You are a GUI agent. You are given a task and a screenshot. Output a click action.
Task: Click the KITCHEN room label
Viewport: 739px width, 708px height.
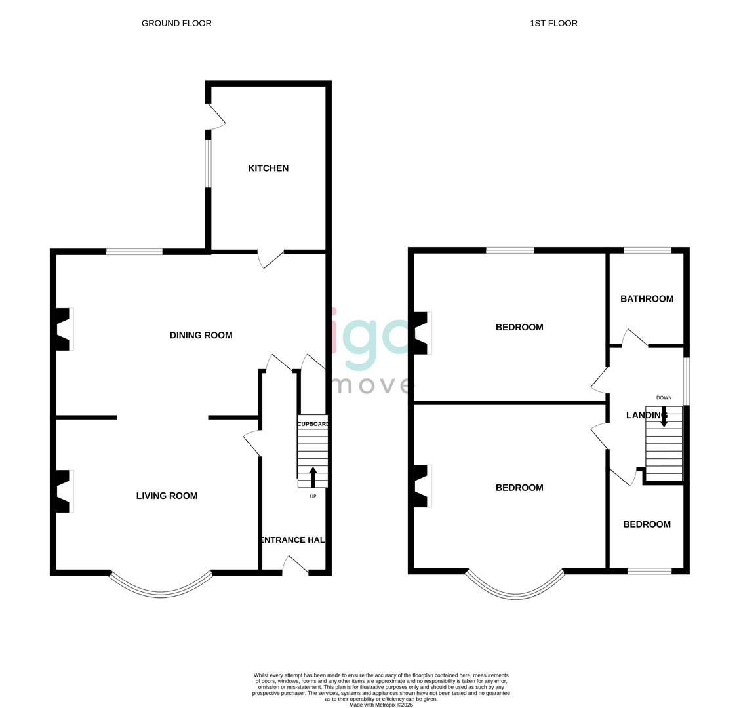(268, 168)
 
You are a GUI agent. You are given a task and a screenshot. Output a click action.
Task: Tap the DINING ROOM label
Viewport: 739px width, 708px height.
(201, 335)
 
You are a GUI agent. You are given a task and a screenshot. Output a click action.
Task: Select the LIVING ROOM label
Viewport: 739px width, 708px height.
(167, 496)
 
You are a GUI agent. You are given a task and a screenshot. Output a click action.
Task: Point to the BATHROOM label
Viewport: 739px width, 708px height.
(647, 299)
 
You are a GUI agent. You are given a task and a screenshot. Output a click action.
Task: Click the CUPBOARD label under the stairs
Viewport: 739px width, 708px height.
(313, 424)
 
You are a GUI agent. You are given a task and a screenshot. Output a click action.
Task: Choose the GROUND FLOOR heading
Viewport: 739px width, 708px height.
(176, 23)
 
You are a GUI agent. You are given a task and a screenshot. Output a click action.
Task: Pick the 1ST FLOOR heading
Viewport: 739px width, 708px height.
(553, 23)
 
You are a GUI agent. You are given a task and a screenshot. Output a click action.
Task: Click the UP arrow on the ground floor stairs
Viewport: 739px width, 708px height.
(313, 477)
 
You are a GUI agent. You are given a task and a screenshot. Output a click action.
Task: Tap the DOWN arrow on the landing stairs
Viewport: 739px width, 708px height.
(664, 418)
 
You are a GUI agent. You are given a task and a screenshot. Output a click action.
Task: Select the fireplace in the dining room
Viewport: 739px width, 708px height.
(64, 329)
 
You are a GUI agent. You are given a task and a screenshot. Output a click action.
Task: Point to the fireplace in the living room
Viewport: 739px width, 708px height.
(64, 491)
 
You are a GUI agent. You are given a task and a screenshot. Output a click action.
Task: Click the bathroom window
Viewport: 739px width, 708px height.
(647, 250)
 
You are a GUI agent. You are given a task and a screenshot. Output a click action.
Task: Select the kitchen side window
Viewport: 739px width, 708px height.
(209, 164)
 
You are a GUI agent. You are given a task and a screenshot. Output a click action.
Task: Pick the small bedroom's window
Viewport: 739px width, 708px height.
(649, 572)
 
